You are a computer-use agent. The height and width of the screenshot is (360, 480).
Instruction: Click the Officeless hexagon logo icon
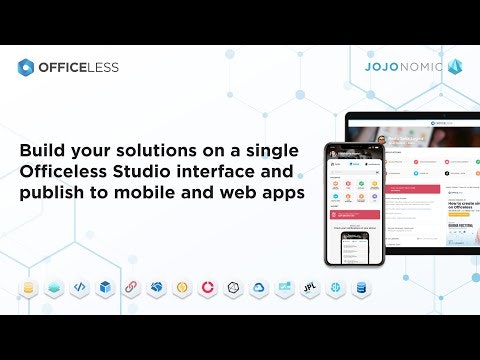point(26,67)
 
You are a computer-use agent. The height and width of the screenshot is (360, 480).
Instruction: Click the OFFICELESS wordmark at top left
point(78,67)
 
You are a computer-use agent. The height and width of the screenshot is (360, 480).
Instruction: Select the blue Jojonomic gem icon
point(455,67)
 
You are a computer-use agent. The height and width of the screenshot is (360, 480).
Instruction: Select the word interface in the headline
point(228,169)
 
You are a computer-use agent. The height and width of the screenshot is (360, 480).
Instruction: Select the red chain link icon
point(131,287)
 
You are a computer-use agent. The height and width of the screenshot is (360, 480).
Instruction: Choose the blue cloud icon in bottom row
point(258,287)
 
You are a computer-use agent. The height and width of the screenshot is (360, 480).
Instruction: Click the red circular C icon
point(207,287)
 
